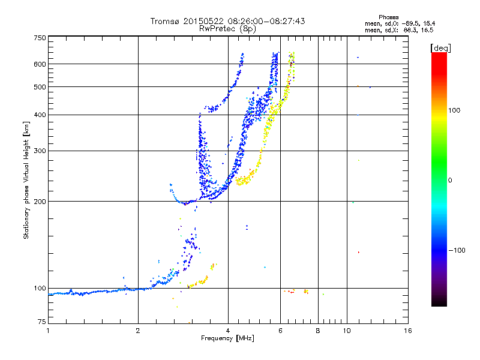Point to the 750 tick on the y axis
(x=40, y=37)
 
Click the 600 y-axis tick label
(x=40, y=64)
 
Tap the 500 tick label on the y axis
(x=40, y=86)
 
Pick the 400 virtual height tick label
(x=40, y=115)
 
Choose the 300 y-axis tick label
(x=40, y=151)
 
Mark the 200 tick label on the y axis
(x=40, y=201)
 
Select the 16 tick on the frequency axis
(x=407, y=331)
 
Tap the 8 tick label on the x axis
(x=317, y=331)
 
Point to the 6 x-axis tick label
(x=280, y=331)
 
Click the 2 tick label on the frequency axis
(x=138, y=331)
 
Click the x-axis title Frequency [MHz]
(x=227, y=339)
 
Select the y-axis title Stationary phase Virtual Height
(x=26, y=180)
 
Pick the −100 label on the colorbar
(x=458, y=250)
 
